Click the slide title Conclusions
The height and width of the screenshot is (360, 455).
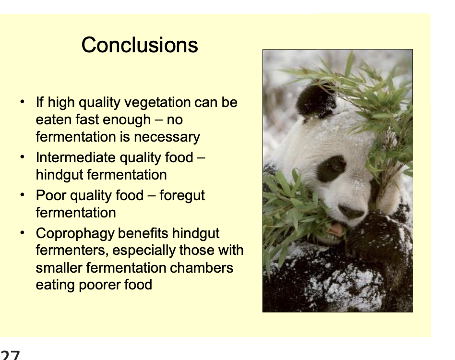pyautogui.click(x=139, y=45)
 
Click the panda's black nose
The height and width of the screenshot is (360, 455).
pyautogui.click(x=351, y=212)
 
